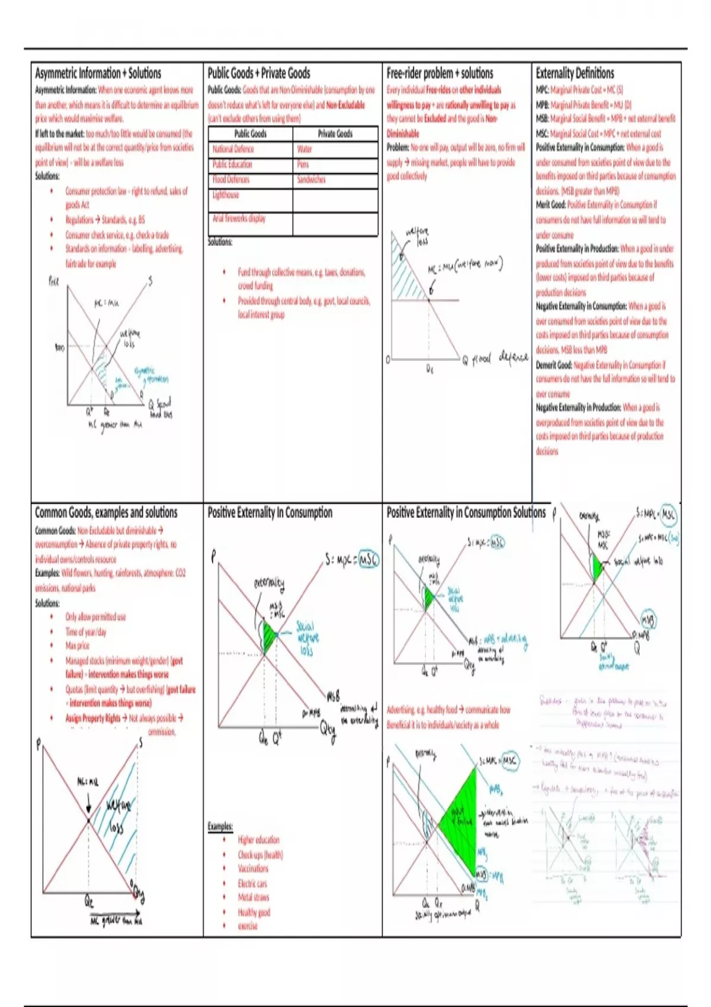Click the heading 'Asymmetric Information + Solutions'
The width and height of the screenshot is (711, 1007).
[x=98, y=73]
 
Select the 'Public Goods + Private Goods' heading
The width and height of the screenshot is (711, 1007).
[x=259, y=73]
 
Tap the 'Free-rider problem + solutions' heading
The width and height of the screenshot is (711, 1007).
[x=440, y=73]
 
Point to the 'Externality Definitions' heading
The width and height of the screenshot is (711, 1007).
[x=575, y=73]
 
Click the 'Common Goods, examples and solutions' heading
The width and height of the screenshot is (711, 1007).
[x=106, y=512]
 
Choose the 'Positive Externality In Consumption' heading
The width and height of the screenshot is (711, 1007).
[x=270, y=512]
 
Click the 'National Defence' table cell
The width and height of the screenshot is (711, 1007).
[x=233, y=149]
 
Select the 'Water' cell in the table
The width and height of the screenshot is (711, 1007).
[x=305, y=149]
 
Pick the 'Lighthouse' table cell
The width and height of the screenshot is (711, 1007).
[x=226, y=195]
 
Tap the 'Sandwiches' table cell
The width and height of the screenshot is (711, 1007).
[x=311, y=179]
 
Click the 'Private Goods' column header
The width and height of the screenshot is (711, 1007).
[x=335, y=134]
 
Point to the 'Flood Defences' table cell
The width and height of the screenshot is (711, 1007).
[x=231, y=179]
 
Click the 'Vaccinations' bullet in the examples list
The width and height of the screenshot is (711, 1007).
[x=253, y=868]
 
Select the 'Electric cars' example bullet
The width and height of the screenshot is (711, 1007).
[x=252, y=883]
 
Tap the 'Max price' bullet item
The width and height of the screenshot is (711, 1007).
[x=78, y=646]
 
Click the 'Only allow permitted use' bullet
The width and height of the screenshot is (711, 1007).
[x=95, y=617]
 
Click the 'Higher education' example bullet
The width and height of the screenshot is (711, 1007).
[x=258, y=840]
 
